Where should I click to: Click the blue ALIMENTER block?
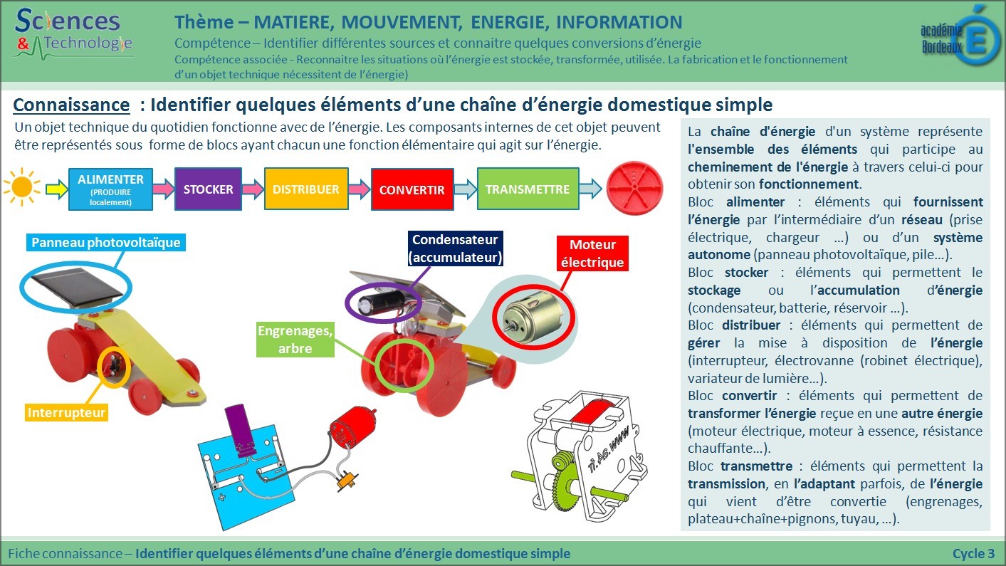point(110,189)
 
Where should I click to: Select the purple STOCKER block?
point(208,189)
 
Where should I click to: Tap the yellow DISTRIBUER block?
point(306,189)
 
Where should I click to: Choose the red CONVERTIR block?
point(412,189)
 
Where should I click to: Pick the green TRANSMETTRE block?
point(528,189)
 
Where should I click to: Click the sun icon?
point(21,187)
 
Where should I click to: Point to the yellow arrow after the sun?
point(56,189)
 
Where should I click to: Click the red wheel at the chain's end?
point(634,189)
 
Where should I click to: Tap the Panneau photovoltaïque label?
point(105,242)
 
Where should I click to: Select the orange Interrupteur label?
point(66,412)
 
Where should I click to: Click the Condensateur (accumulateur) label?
point(455,248)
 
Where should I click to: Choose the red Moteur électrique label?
point(592,253)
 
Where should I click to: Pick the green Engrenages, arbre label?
point(295,339)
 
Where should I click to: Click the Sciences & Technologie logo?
point(73,34)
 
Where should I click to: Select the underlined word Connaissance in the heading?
point(71,105)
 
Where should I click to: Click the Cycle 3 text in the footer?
point(974,553)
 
